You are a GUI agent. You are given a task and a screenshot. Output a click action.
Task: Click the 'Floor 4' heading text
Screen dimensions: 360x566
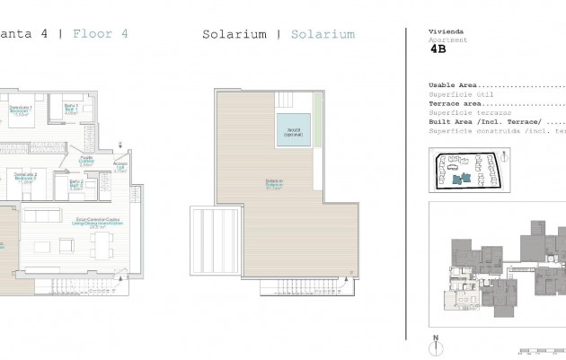100,34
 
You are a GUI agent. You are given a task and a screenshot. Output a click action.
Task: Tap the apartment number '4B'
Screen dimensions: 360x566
438,50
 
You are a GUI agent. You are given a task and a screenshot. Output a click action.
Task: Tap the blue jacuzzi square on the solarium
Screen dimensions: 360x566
294,130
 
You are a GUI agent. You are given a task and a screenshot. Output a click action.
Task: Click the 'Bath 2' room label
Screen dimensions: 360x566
76,186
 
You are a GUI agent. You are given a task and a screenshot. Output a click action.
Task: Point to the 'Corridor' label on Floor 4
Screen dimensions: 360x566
87,161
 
